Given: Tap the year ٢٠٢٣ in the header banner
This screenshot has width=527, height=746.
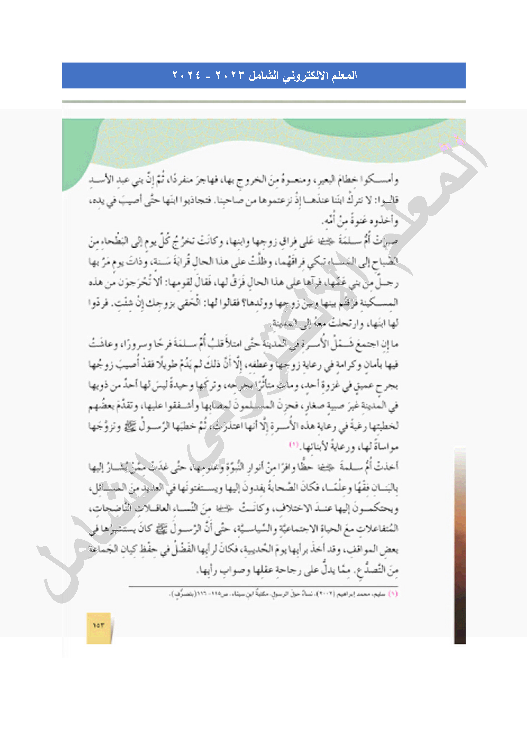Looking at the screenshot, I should (229, 76).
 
